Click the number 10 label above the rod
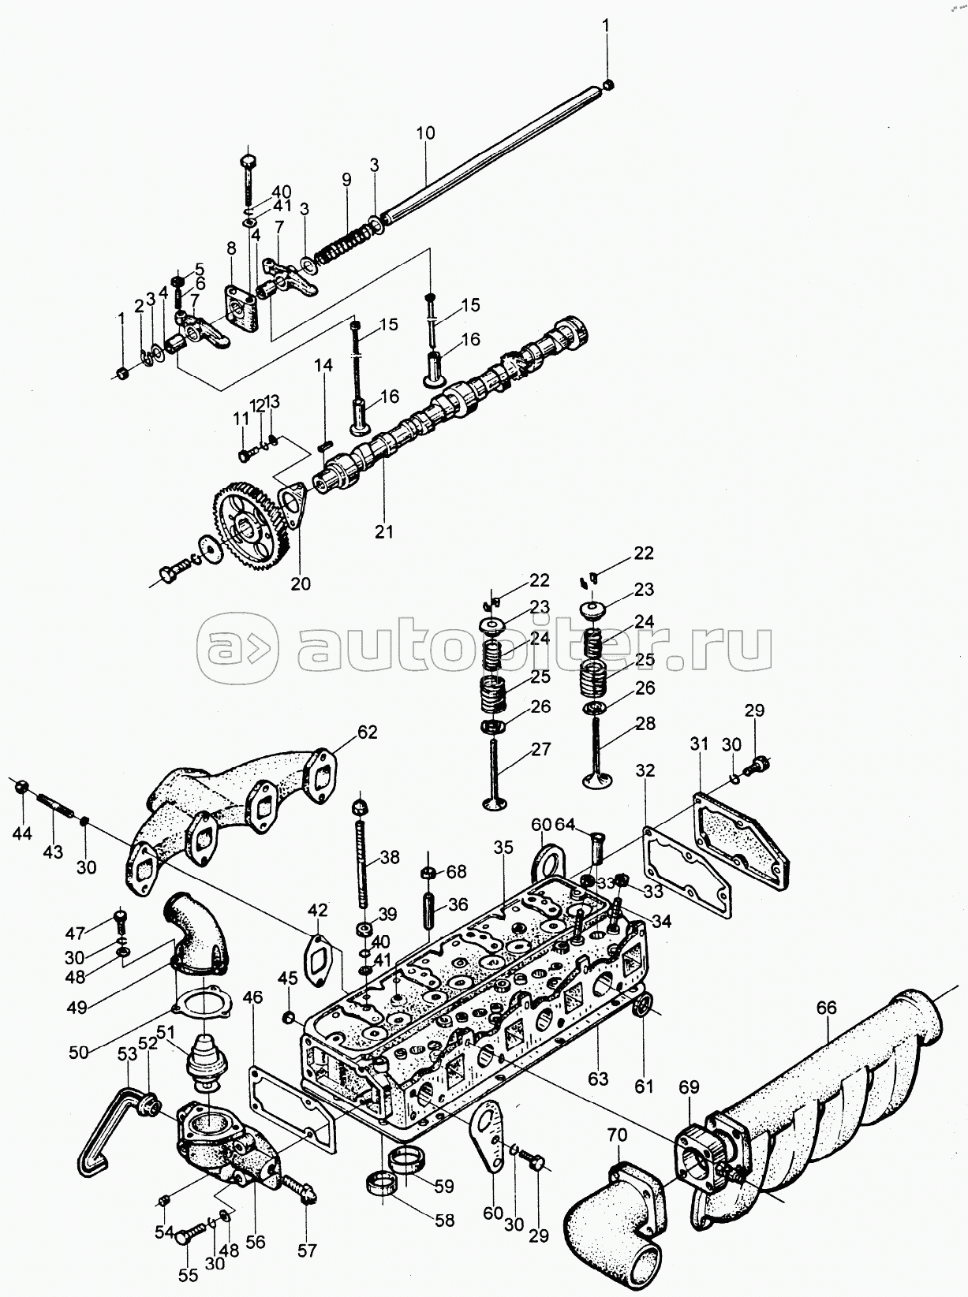coord(424,132)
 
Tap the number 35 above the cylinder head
coord(503,848)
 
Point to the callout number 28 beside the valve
coord(645,723)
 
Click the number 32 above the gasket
coord(645,770)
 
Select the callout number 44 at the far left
coord(23,832)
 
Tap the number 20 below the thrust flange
coord(301,583)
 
